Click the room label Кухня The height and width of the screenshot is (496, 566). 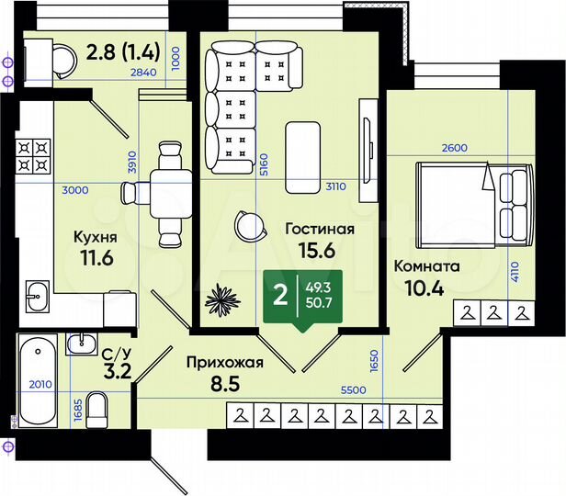(x=95, y=235)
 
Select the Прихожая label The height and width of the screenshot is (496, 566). (x=224, y=362)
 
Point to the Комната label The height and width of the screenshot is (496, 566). (x=426, y=265)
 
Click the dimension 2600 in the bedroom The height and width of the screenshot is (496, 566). (x=453, y=149)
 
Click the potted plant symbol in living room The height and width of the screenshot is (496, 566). (x=222, y=299)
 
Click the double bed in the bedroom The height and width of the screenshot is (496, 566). (x=474, y=204)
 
